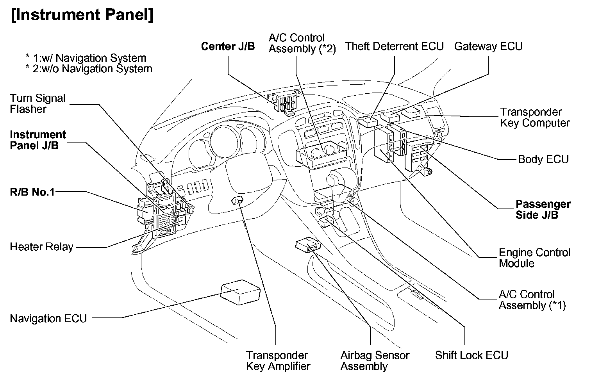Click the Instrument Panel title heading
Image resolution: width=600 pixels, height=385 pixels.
click(82, 15)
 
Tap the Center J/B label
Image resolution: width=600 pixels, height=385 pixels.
click(228, 46)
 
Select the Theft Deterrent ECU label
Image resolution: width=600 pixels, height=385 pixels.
click(394, 46)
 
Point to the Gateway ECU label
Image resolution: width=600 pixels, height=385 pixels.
click(488, 46)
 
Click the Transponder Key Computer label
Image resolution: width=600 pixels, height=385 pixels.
click(535, 118)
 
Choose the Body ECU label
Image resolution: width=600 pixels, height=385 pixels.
click(543, 159)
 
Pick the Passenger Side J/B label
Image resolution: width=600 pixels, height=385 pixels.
click(543, 210)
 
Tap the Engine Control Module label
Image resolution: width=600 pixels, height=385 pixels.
click(534, 258)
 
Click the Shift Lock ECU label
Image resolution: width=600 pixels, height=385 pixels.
click(471, 355)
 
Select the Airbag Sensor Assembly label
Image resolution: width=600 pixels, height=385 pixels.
click(375, 361)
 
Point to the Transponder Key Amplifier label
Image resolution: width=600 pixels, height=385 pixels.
click(278, 361)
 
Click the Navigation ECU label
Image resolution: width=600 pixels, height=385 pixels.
click(48, 319)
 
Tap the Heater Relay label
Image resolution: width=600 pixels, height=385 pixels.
click(41, 247)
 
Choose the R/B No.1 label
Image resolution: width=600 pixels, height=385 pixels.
click(32, 192)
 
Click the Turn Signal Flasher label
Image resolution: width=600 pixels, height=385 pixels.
click(37, 103)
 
